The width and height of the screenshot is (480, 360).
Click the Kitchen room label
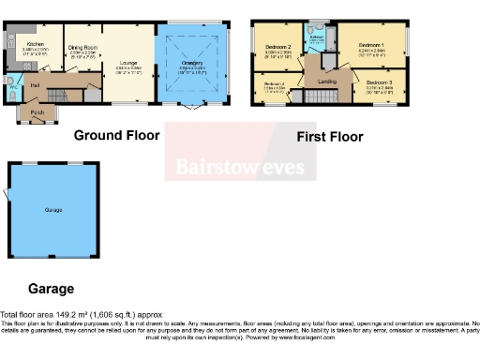[35, 43]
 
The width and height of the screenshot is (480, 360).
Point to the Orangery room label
[189, 64]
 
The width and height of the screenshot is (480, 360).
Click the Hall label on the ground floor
[34, 86]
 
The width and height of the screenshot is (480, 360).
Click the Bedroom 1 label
[370, 45]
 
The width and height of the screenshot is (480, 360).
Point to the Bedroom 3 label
[380, 84]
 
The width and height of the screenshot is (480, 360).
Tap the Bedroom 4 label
[274, 85]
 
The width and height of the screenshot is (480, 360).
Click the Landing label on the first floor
[328, 82]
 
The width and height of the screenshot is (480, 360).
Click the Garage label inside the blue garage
[52, 210]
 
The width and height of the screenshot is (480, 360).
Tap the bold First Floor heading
[329, 137]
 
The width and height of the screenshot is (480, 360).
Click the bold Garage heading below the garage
[51, 289]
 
